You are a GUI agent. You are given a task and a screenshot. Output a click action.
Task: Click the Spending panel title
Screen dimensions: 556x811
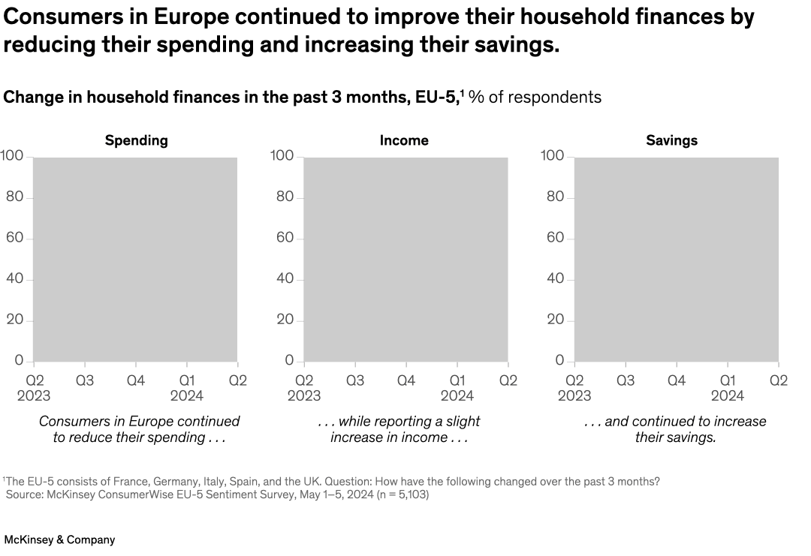pyautogui.click(x=136, y=140)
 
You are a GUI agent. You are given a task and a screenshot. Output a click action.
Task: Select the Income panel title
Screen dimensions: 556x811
pyautogui.click(x=404, y=140)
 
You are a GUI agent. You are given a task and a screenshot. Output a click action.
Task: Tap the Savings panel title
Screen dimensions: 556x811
pyautogui.click(x=671, y=140)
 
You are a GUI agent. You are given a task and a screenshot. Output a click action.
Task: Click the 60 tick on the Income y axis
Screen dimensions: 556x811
pyautogui.click(x=282, y=238)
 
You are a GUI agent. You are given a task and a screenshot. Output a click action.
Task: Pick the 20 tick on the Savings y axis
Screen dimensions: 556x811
pyautogui.click(x=554, y=320)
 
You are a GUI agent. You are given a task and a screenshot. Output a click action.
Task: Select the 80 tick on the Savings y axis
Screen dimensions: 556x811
pyautogui.click(x=554, y=197)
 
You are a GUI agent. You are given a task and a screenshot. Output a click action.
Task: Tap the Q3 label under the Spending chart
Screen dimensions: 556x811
pyautogui.click(x=84, y=380)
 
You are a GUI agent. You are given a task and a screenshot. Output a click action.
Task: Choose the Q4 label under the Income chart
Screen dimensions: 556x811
pyautogui.click(x=405, y=380)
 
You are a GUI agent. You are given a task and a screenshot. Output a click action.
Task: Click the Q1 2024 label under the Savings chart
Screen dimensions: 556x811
pyautogui.click(x=727, y=387)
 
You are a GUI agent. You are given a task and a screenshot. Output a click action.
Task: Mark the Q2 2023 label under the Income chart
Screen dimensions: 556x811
pyautogui.click(x=304, y=387)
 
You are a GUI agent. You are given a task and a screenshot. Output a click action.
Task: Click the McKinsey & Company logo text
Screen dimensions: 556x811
pyautogui.click(x=59, y=539)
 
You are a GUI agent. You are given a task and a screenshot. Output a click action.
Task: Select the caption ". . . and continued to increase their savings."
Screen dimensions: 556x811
pyautogui.click(x=675, y=429)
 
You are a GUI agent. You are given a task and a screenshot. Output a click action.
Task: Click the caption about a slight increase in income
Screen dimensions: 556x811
pyautogui.click(x=399, y=429)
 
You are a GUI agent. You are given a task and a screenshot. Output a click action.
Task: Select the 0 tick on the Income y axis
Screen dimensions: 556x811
pyautogui.click(x=289, y=361)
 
